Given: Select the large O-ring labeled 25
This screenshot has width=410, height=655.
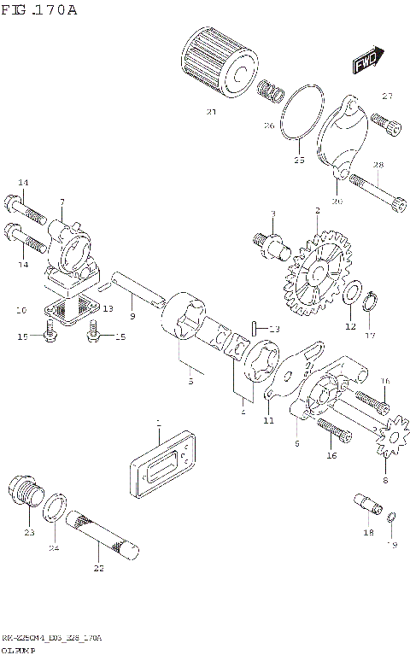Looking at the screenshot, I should click(x=301, y=119).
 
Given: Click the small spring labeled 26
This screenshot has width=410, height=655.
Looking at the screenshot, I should click(x=272, y=90).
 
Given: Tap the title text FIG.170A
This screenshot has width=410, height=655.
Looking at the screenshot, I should click(x=39, y=10).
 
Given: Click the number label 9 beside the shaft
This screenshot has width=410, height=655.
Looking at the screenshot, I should click(x=132, y=317).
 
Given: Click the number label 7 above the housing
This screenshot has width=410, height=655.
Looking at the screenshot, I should click(x=61, y=202).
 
